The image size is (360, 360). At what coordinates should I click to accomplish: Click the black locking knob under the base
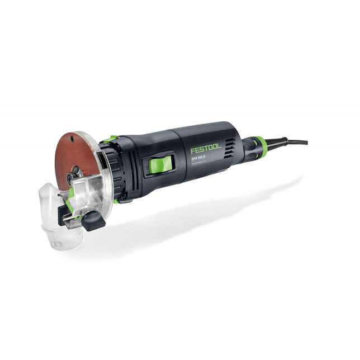93,221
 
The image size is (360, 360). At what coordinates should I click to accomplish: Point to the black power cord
293,142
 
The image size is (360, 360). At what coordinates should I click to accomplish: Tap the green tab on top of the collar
112,139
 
